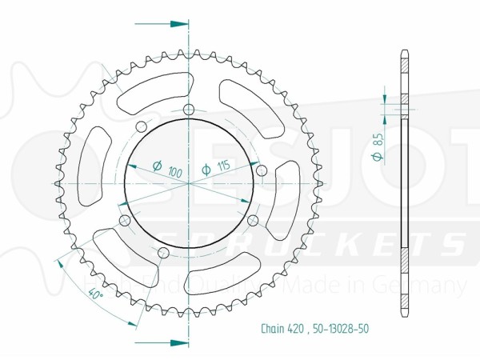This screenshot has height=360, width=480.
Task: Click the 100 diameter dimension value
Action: click(170, 170)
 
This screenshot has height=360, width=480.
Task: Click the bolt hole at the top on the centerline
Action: click(189, 110)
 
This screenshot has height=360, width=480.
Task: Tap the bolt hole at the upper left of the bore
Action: click(141, 126)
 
